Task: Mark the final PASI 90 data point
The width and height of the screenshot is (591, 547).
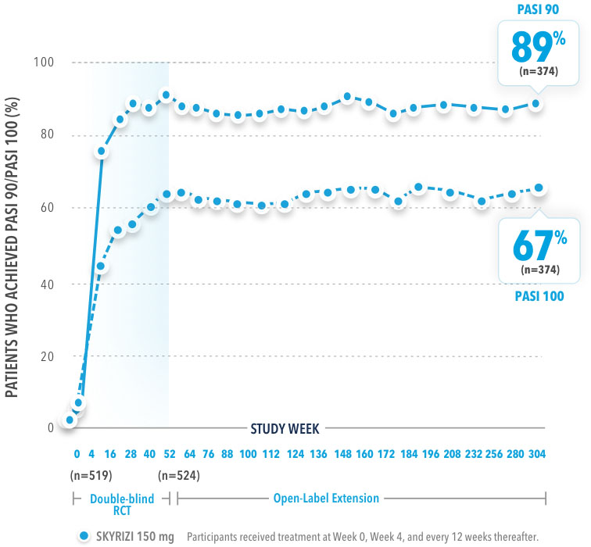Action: click(536, 103)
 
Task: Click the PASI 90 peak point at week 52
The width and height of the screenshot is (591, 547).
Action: click(166, 95)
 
